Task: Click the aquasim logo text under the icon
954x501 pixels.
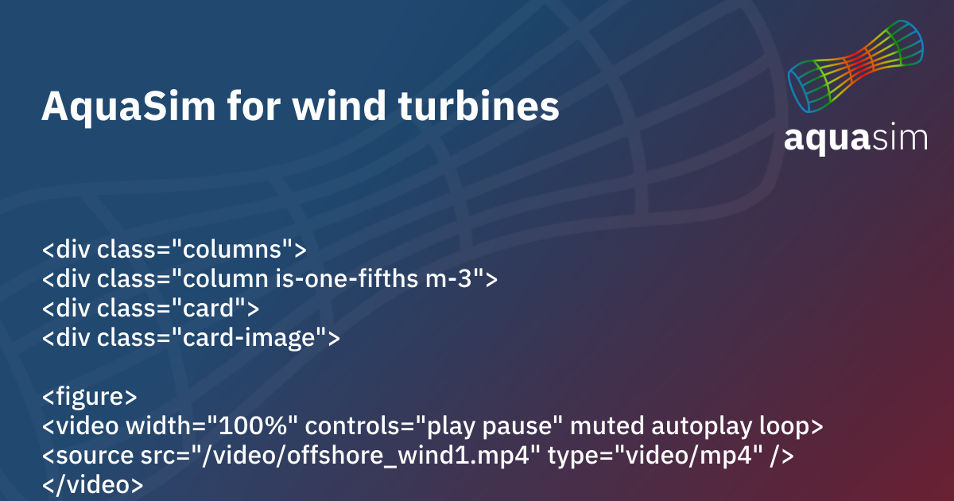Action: click(x=855, y=137)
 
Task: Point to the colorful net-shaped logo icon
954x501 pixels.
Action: click(x=856, y=68)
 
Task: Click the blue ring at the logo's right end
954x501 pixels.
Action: click(x=913, y=41)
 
